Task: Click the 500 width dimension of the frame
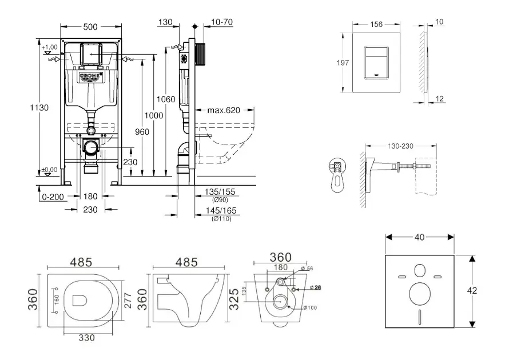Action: [90, 26]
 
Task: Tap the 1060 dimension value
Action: [166, 99]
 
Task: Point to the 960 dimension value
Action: [142, 131]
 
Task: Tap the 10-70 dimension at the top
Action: [221, 22]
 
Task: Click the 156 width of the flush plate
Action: [376, 24]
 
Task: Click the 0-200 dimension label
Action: [53, 197]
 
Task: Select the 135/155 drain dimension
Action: [220, 191]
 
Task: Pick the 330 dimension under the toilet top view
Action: [86, 338]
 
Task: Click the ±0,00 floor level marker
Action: [50, 170]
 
